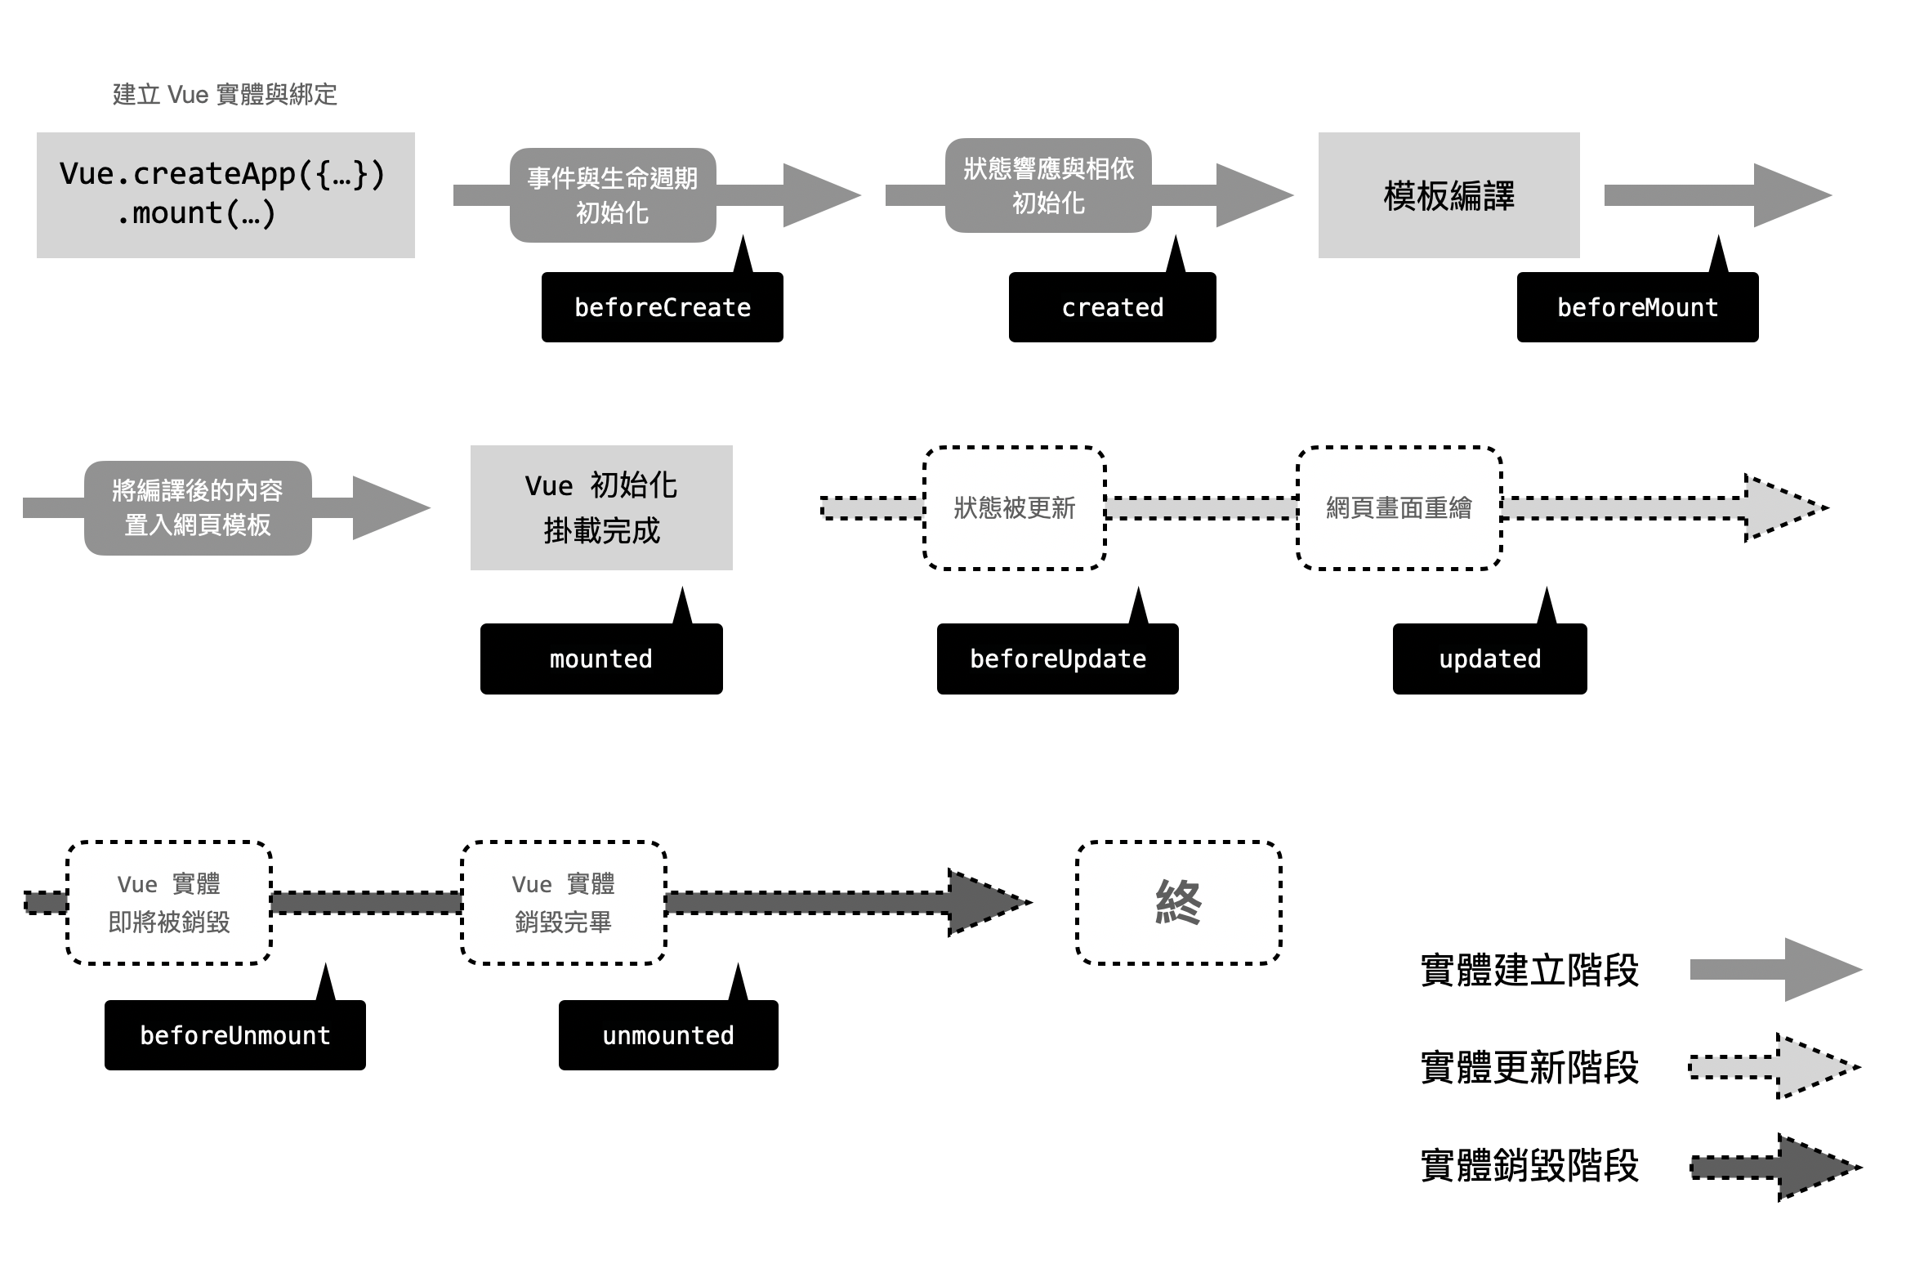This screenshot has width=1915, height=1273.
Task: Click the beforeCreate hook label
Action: point(662,307)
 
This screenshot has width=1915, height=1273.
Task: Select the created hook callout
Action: point(1112,307)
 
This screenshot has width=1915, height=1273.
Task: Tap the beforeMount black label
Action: point(1637,307)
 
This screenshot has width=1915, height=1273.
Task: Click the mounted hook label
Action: point(601,659)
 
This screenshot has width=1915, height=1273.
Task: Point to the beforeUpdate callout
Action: point(1057,659)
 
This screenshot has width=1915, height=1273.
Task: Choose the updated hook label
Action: point(1489,659)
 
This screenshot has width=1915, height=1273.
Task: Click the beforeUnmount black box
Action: point(234,1035)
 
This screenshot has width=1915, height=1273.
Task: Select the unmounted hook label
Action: point(668,1035)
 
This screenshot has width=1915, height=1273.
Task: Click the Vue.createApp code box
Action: point(225,194)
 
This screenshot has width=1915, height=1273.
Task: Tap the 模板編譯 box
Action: point(1449,195)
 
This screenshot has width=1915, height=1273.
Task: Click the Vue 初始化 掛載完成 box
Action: point(601,507)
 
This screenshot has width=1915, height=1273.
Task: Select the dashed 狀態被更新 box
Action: point(1014,507)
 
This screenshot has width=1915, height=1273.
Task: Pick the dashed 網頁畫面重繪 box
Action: point(1399,507)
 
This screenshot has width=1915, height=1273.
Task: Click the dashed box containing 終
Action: point(1178,902)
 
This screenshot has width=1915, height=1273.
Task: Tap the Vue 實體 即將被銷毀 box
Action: point(169,902)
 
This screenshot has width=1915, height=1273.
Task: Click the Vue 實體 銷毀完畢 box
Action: point(563,902)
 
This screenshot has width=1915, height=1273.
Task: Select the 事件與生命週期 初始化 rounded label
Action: point(613,195)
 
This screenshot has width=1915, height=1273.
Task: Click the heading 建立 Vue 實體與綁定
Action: point(225,95)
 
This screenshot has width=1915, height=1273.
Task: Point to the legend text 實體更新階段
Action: point(1529,1067)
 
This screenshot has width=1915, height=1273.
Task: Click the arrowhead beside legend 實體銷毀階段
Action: point(1815,1167)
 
